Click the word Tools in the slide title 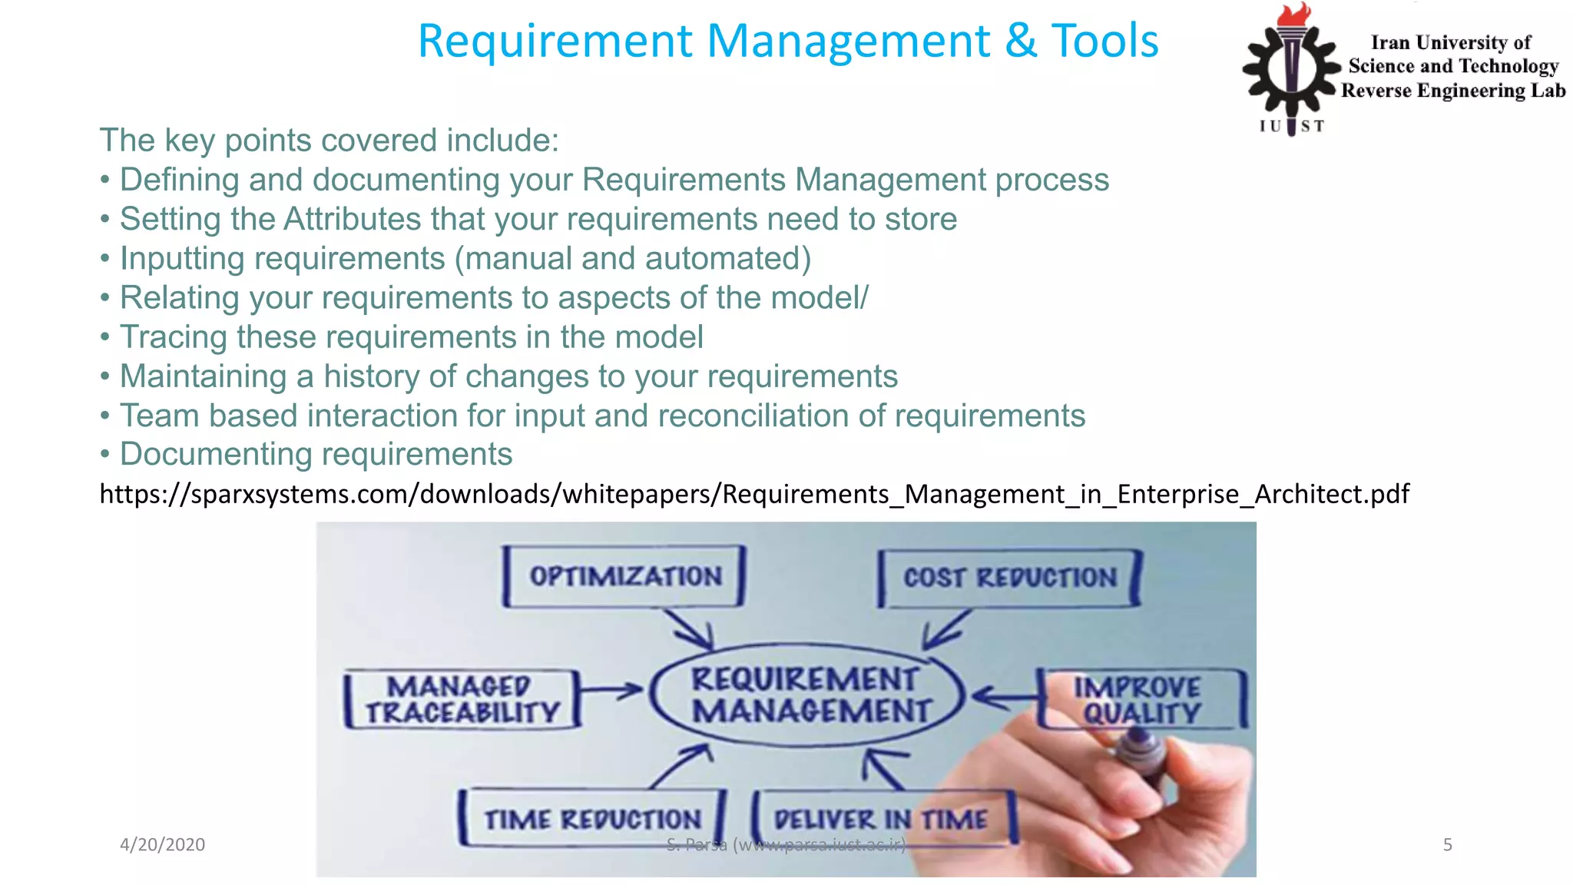1104,41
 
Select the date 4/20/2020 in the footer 162,844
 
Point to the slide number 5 1447,844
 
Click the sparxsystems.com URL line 754,493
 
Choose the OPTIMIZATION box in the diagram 624,576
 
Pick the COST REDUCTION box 1009,578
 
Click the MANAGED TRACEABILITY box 462,699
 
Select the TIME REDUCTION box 591,819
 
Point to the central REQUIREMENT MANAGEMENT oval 806,694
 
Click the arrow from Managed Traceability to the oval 611,690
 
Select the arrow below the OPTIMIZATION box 690,628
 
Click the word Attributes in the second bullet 352,219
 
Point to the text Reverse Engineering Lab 1453,91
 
